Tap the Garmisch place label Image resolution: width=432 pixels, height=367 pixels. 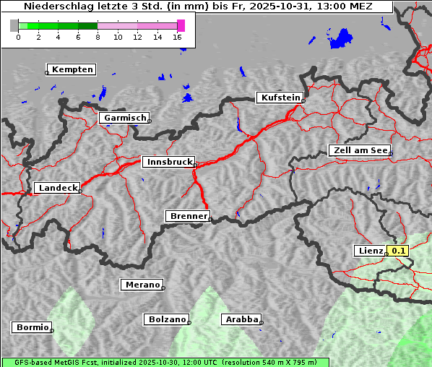pyautogui.click(x=125, y=118)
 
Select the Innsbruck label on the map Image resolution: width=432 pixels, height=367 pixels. pyautogui.click(x=168, y=163)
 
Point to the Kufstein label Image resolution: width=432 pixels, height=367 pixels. pyautogui.click(x=280, y=98)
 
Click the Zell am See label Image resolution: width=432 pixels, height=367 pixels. pyautogui.click(x=360, y=150)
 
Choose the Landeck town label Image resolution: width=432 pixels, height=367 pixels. pyautogui.click(x=57, y=188)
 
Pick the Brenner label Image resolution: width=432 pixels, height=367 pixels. pyautogui.click(x=188, y=216)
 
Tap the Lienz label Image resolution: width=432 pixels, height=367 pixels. pyautogui.click(x=371, y=251)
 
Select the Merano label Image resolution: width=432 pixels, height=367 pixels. pyautogui.click(x=142, y=285)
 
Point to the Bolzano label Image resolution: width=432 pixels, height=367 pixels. pyautogui.click(x=167, y=319)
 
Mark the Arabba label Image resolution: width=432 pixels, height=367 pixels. pyautogui.click(x=241, y=319)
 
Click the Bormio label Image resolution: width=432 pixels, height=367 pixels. pyautogui.click(x=32, y=327)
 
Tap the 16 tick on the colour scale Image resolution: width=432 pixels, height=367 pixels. pyautogui.click(x=177, y=38)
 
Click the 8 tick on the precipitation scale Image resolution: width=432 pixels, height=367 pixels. pyautogui.click(x=98, y=38)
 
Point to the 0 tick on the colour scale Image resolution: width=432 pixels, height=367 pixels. pyautogui.click(x=18, y=38)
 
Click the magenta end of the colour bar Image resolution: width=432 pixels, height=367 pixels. pyautogui.click(x=181, y=25)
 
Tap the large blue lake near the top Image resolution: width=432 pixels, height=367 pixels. pyautogui.click(x=342, y=38)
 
